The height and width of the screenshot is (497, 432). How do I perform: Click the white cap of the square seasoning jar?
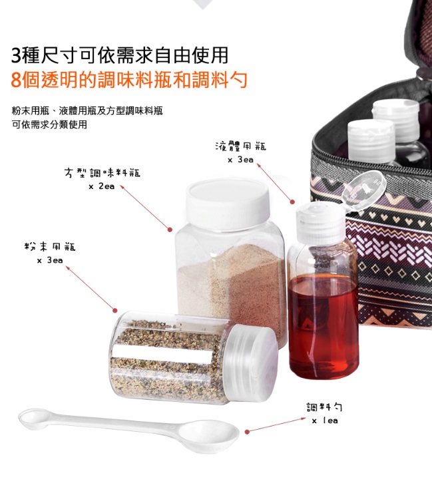(228, 203)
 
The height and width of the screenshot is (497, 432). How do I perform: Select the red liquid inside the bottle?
(324, 327)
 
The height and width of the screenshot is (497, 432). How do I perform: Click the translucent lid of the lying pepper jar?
(252, 363)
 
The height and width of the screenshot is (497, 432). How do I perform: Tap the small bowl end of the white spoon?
(34, 418)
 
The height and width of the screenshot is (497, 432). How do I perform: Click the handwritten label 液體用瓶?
(241, 146)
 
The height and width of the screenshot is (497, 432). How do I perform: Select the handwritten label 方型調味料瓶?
(102, 173)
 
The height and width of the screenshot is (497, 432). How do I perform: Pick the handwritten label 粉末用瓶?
(50, 246)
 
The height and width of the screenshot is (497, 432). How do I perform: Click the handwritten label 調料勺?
(324, 407)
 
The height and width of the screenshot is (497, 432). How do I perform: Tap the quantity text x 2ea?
(101, 186)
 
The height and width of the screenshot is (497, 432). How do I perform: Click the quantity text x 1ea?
(325, 420)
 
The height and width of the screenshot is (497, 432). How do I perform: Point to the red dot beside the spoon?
(247, 432)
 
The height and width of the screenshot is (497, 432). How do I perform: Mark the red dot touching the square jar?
(170, 230)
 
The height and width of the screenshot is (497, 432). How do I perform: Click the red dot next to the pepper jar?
(114, 310)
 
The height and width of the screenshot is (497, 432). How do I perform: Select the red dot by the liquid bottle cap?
(292, 202)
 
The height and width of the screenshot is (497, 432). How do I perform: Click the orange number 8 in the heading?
(16, 80)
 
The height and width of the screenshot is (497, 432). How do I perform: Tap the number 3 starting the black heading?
(16, 55)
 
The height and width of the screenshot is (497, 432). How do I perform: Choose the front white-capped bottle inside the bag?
(371, 142)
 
